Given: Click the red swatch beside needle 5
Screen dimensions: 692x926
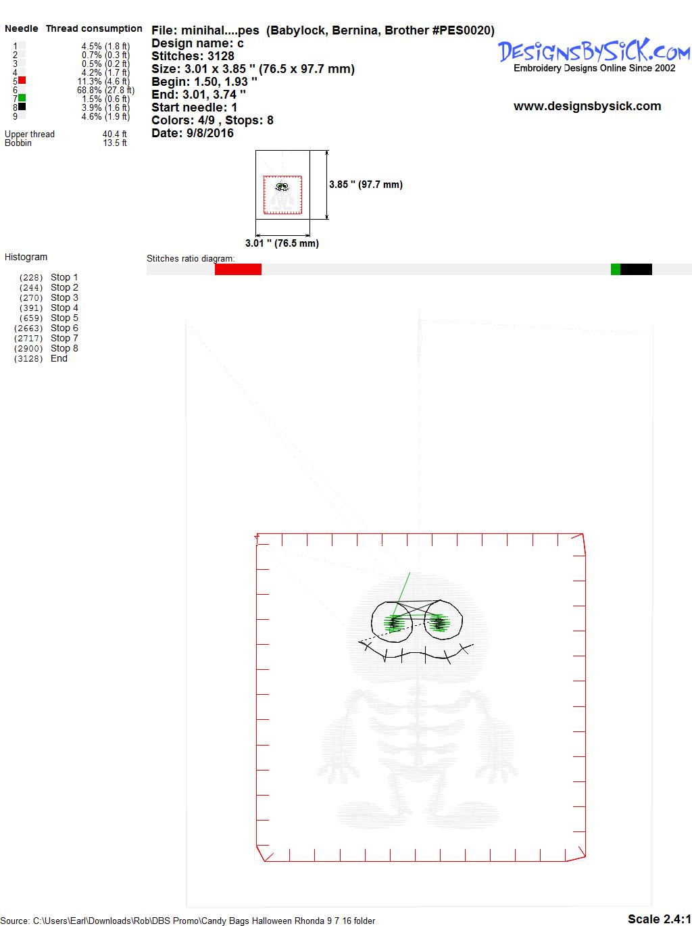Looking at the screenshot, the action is (22, 80).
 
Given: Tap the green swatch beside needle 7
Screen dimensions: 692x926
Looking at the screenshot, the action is (22, 98).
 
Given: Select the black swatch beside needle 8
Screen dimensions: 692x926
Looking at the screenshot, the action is (22, 107).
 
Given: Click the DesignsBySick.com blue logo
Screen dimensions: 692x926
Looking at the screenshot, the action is (594, 51).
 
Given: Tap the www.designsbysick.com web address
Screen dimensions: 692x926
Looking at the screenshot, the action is (587, 106).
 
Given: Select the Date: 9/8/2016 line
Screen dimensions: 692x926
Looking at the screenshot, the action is (193, 133).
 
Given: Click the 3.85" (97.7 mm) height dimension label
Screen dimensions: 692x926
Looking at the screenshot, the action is (366, 185).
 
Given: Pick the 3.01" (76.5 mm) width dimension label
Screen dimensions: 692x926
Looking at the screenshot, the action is (282, 243).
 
